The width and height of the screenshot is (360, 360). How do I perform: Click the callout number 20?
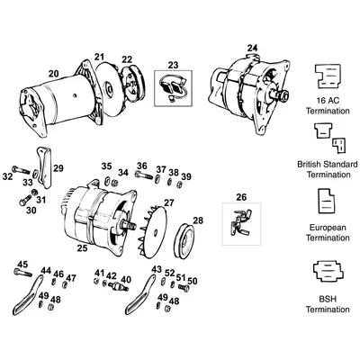[x=54, y=74]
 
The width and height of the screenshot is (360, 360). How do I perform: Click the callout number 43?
[x=157, y=269]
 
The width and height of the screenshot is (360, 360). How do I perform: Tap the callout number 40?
[x=126, y=280]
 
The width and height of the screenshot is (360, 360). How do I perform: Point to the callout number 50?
[x=193, y=280]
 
